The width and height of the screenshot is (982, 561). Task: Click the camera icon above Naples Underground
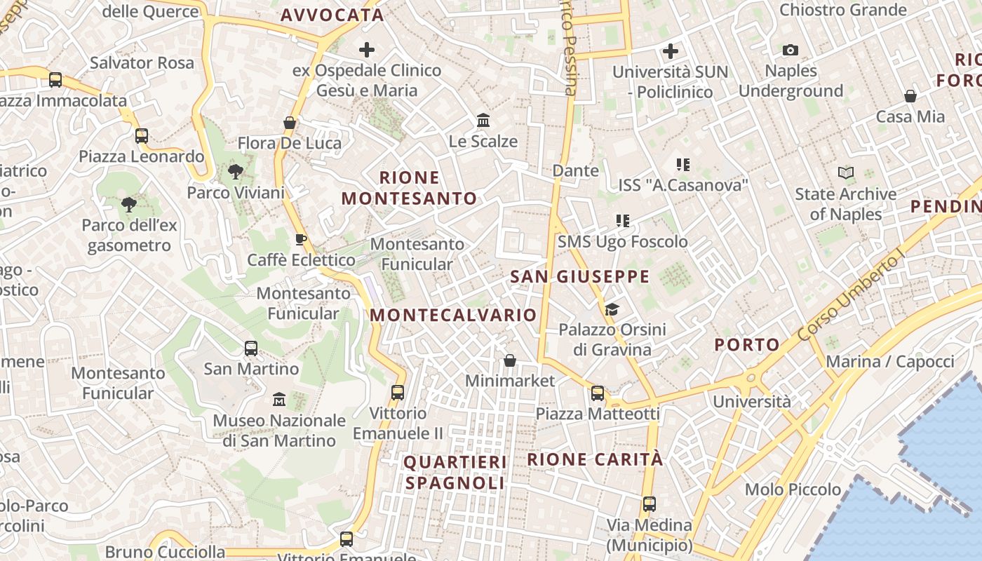click(791, 50)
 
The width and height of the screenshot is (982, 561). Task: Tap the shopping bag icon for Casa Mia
click(910, 96)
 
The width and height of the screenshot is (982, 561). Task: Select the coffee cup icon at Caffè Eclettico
click(301, 239)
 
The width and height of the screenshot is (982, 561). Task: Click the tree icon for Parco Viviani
click(236, 171)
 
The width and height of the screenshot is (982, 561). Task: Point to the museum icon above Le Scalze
click(483, 121)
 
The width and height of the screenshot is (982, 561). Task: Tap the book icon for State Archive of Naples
click(846, 173)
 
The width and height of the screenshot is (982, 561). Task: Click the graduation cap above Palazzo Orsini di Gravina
click(612, 309)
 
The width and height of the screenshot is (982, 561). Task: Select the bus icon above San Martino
click(250, 348)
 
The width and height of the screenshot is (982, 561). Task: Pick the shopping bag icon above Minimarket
click(510, 360)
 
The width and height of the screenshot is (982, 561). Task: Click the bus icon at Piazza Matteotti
click(598, 393)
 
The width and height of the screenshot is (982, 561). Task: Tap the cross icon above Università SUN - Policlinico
click(671, 51)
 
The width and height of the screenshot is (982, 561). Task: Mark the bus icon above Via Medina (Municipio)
click(650, 504)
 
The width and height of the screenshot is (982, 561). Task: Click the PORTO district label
click(747, 344)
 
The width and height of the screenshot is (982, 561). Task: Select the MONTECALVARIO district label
click(453, 315)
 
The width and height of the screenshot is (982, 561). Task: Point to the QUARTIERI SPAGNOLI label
click(455, 473)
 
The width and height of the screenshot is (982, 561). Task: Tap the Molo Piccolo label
click(793, 489)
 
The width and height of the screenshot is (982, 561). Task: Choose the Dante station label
click(576, 170)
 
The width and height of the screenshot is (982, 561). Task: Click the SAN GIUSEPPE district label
click(579, 276)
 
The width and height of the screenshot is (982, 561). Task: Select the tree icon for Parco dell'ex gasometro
click(128, 205)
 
